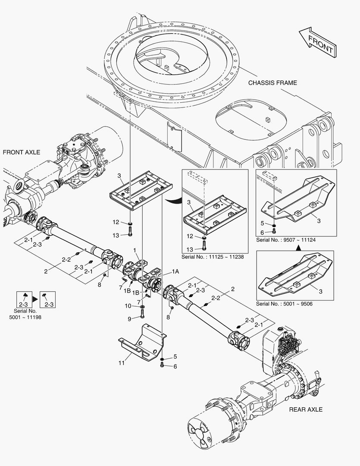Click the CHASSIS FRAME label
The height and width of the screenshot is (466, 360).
pyautogui.click(x=272, y=83)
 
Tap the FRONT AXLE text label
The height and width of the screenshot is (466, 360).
pyautogui.click(x=22, y=152)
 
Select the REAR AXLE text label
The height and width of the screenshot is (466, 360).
pyautogui.click(x=306, y=409)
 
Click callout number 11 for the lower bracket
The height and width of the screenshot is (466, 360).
pyautogui.click(x=122, y=363)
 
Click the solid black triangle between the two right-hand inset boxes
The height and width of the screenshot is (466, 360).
pyautogui.click(x=298, y=249)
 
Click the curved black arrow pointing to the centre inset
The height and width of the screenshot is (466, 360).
pyautogui.click(x=174, y=199)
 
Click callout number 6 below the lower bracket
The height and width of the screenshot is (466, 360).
pyautogui.click(x=175, y=366)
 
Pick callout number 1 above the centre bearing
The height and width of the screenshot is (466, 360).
pyautogui.click(x=135, y=250)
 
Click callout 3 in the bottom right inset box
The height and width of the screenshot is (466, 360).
pyautogui.click(x=320, y=293)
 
